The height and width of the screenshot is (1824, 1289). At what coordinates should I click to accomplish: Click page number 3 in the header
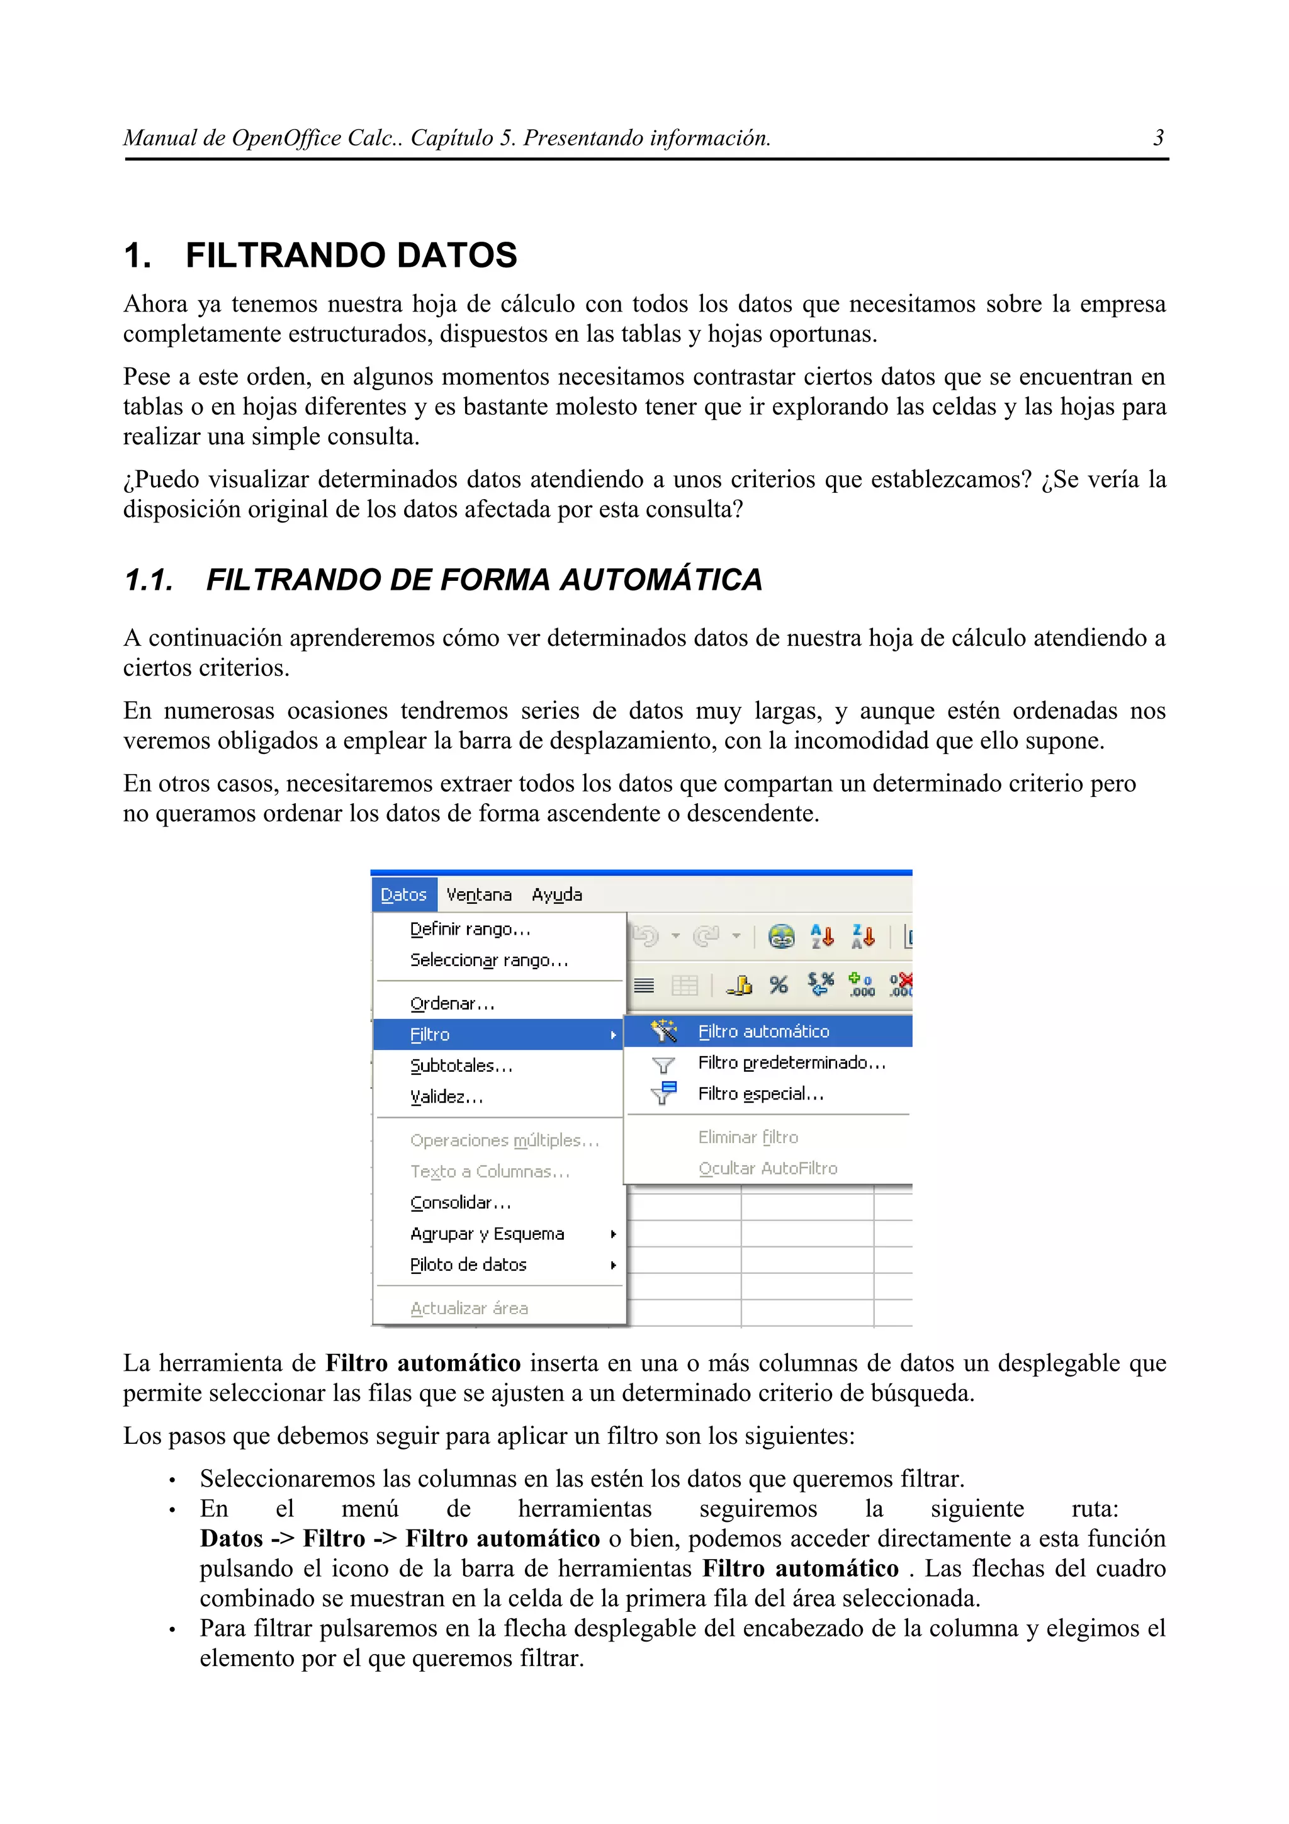1158,138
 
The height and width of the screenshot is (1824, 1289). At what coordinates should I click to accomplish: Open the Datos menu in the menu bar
403,895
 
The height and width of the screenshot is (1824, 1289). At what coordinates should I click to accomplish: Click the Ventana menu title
478,895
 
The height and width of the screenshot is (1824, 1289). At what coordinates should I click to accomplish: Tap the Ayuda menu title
557,895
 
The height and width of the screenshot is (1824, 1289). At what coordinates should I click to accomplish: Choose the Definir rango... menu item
470,930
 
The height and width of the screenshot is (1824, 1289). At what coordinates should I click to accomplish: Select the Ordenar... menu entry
452,1004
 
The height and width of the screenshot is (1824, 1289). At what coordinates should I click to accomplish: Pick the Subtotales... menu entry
461,1066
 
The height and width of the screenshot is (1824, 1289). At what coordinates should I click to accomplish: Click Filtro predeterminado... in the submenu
791,1063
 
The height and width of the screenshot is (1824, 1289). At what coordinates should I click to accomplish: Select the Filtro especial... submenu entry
760,1094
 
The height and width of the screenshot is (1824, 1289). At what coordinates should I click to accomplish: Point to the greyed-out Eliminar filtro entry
747,1137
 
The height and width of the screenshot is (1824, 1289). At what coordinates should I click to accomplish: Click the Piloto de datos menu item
468,1264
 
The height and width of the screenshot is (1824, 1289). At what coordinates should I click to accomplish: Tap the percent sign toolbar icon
779,985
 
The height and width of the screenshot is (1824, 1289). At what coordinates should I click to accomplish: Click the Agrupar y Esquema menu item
487,1234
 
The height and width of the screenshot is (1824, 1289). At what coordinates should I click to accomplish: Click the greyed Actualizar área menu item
468,1309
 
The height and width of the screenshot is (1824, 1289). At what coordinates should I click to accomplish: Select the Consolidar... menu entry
461,1203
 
